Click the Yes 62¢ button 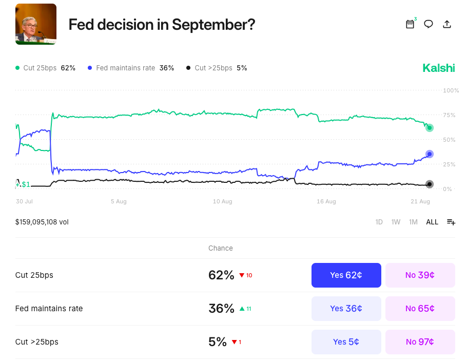click(x=346, y=275)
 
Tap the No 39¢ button click(x=420, y=275)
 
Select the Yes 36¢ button click(x=346, y=309)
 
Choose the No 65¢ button click(x=420, y=309)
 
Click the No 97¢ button click(x=420, y=342)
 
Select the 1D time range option click(x=379, y=222)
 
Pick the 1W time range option click(x=396, y=222)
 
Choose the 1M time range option click(x=413, y=222)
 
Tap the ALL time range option click(x=432, y=222)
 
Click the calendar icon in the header click(x=410, y=24)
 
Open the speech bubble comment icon click(x=429, y=24)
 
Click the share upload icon click(x=447, y=24)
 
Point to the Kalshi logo click(x=438, y=68)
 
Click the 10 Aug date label click(x=223, y=202)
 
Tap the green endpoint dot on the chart click(x=430, y=128)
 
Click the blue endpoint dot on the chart click(x=430, y=154)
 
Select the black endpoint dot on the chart click(x=430, y=184)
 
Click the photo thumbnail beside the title click(x=36, y=24)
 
